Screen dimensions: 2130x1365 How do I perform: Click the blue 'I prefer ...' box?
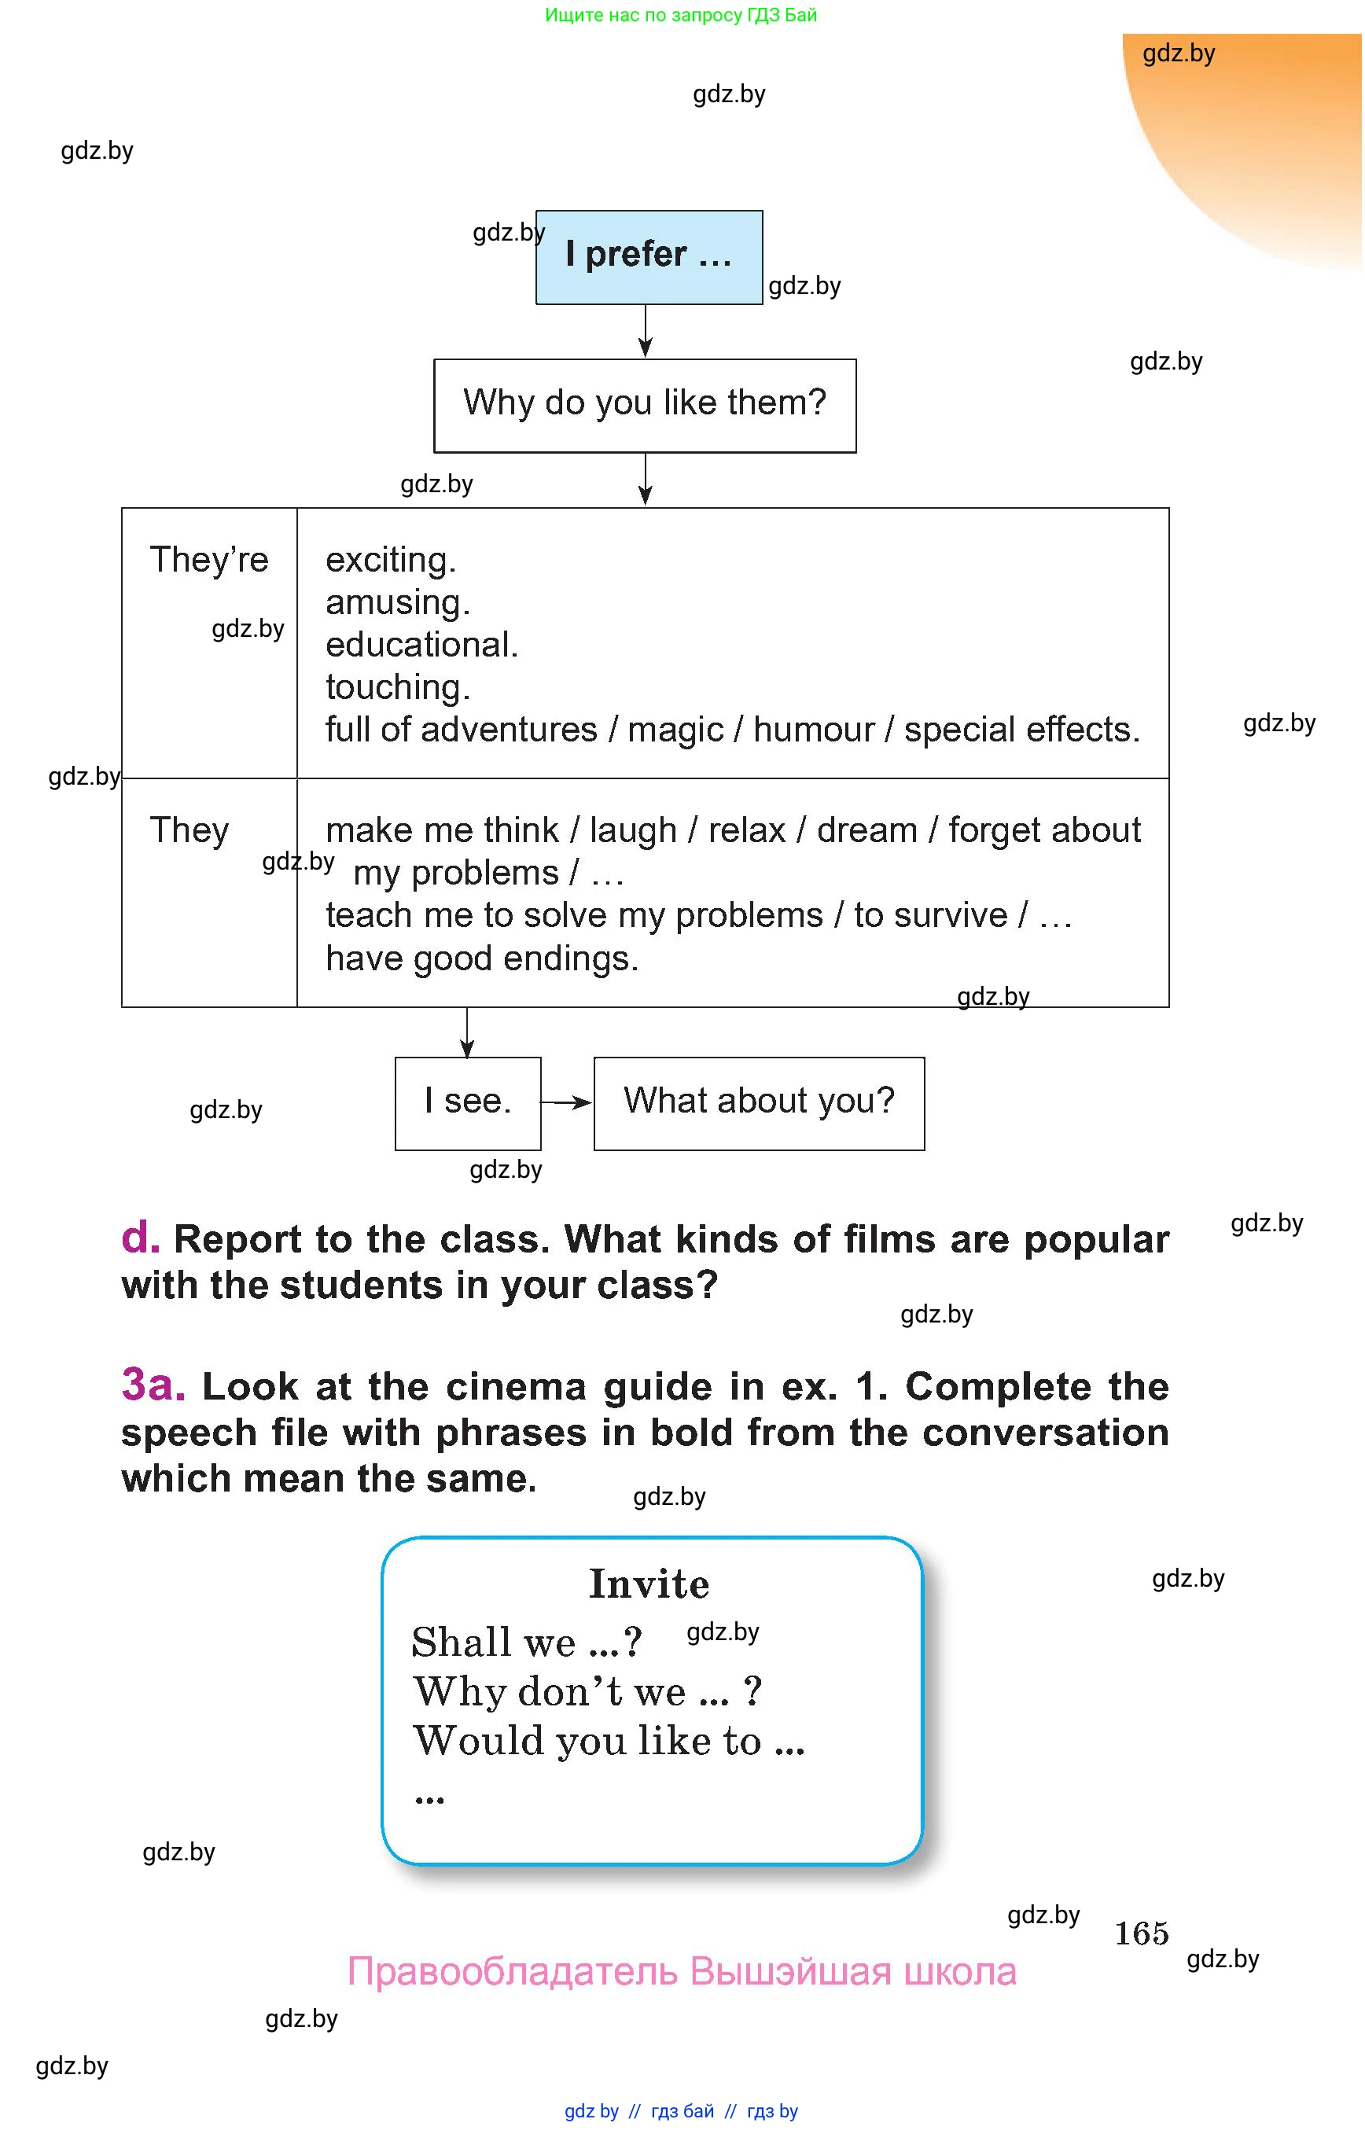[649, 257]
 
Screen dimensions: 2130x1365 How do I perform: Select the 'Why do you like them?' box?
[645, 404]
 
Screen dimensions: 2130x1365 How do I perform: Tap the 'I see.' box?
[467, 1102]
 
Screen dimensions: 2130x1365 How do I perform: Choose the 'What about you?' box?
[759, 1102]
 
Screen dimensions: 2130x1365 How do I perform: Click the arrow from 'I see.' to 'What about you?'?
[566, 1102]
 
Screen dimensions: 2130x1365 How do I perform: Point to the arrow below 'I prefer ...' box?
[646, 332]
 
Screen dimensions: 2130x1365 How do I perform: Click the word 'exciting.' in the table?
[390, 560]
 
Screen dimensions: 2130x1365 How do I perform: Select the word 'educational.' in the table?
[421, 645]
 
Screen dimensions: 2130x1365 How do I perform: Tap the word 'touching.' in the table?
[397, 687]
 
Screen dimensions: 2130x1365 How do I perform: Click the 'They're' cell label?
[208, 560]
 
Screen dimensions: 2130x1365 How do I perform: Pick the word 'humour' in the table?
[813, 730]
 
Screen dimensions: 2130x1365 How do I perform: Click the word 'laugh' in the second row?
[633, 830]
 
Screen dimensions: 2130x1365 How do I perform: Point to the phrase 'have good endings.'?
[481, 959]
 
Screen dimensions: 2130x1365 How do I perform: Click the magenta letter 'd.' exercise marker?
[140, 1237]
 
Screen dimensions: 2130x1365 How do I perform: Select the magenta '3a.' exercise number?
[153, 1384]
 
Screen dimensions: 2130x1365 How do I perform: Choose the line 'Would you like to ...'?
[608, 1741]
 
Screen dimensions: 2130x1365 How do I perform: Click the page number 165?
[1141, 1933]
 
